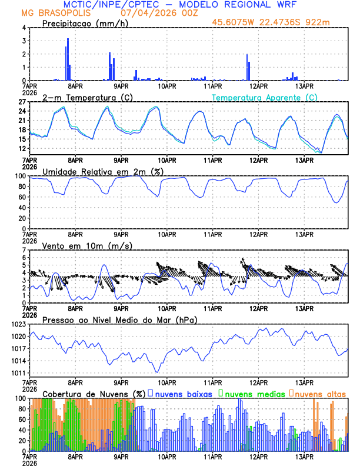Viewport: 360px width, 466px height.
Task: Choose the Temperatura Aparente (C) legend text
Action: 265,97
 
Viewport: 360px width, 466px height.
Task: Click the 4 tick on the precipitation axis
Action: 25,28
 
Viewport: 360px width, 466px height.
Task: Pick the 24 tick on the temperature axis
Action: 22,111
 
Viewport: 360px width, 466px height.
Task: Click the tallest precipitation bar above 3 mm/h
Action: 68,59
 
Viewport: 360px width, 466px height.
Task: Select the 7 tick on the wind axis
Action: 25,250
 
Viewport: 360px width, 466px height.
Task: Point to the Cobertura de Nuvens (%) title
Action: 94,393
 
